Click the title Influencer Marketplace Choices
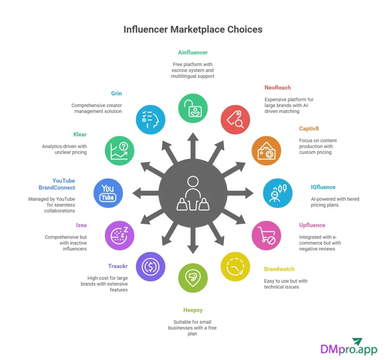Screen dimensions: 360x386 (193, 29)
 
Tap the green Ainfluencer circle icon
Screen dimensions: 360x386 (193, 108)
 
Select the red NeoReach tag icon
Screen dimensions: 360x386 (235, 120)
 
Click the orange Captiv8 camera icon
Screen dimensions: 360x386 (266, 151)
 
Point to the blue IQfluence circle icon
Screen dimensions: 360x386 (277, 193)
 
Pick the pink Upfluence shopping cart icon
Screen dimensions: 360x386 (266, 235)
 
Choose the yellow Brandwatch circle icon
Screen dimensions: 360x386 (235, 266)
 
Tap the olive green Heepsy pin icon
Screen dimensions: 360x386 (193, 278)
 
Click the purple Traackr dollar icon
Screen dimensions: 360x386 (150, 266)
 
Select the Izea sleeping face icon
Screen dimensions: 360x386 (119, 235)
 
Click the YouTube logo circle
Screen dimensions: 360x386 (108, 193)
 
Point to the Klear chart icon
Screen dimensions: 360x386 (119, 151)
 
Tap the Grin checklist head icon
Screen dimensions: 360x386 (150, 120)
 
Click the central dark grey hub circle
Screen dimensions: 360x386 (193, 193)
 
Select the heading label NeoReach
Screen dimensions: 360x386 (277, 88)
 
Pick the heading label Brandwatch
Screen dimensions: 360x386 (279, 269)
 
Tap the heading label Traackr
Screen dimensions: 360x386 (118, 266)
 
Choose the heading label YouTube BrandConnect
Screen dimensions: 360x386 (57, 184)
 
